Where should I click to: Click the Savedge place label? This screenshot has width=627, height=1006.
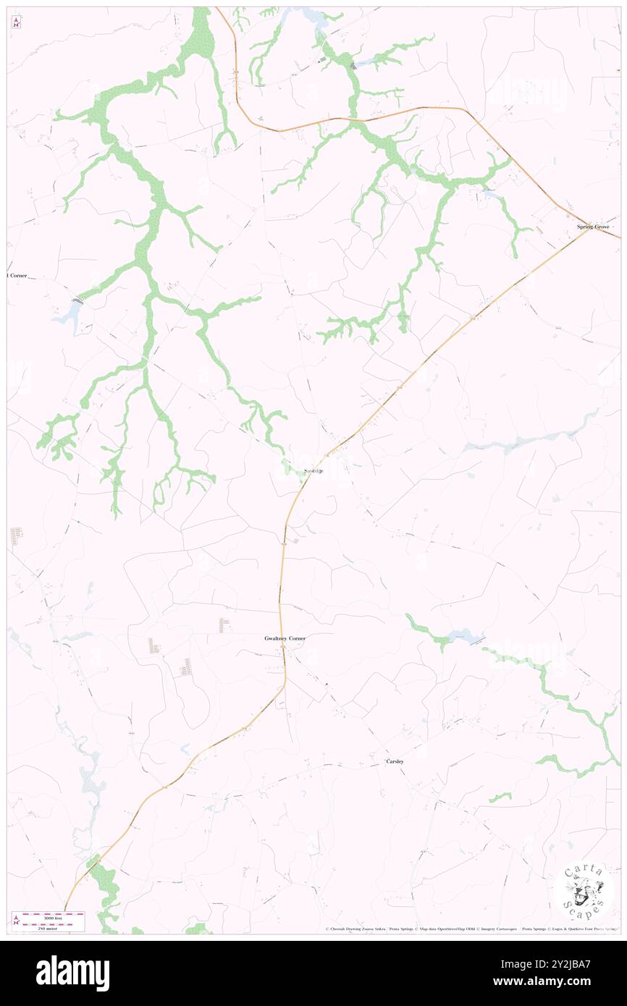click(x=313, y=471)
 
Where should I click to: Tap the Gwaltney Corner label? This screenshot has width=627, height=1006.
click(x=285, y=638)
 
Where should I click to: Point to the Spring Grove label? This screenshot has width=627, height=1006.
click(x=593, y=227)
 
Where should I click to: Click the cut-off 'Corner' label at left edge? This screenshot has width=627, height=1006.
click(x=17, y=276)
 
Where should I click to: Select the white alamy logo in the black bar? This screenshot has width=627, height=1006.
click(x=72, y=973)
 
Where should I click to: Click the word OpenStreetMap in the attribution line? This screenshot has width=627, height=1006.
click(x=455, y=929)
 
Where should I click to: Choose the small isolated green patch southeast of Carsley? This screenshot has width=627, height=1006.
click(x=500, y=798)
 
